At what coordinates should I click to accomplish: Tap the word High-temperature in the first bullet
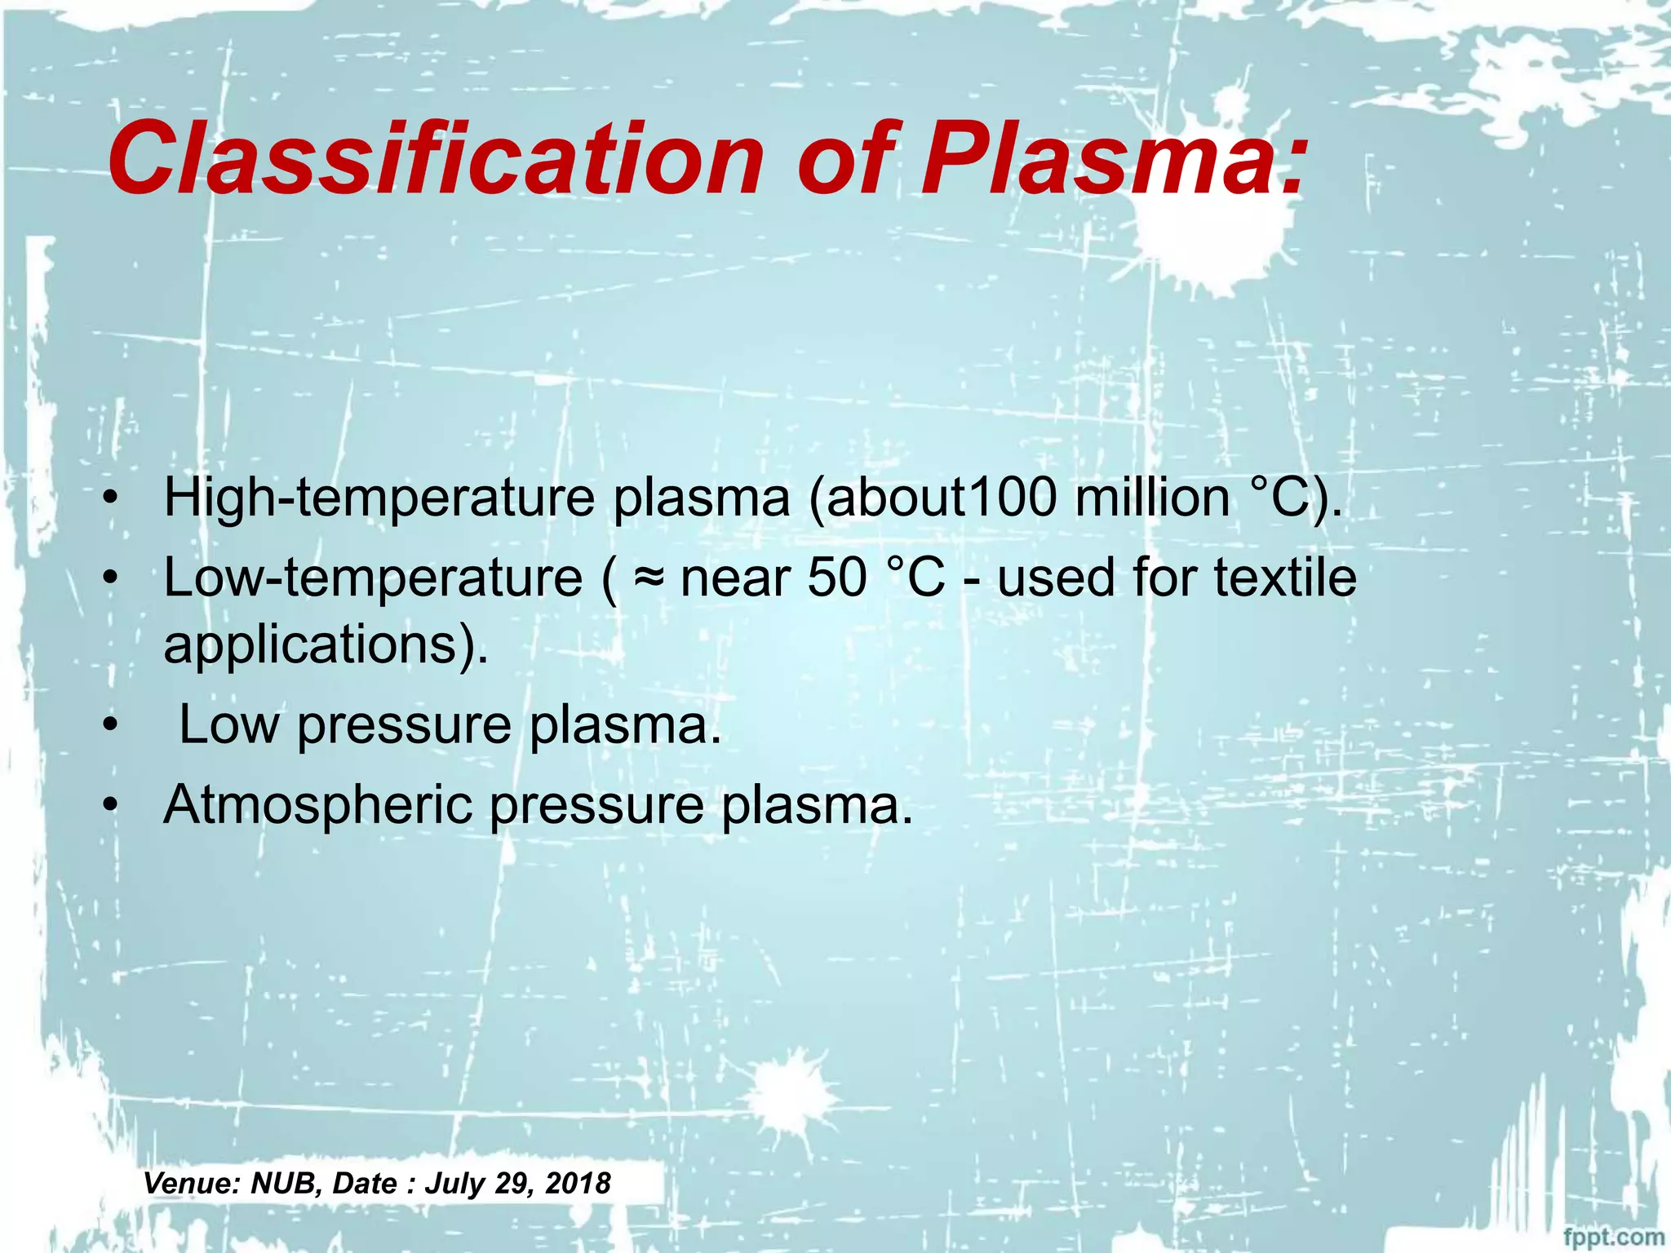click(x=379, y=498)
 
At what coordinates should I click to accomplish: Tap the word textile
click(x=1285, y=578)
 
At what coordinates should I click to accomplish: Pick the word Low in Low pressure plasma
click(x=228, y=724)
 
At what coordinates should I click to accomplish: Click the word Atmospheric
click(x=318, y=806)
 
